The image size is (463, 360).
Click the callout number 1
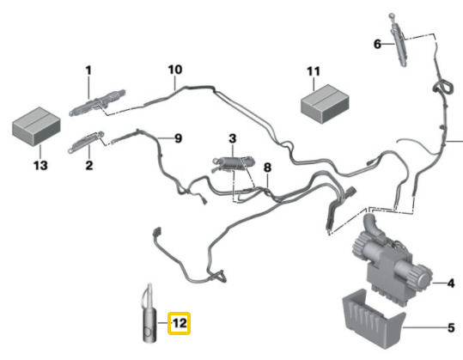coord(88,70)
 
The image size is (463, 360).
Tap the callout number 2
coord(88,165)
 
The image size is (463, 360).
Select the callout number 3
coord(233,138)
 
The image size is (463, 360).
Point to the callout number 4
coord(451,284)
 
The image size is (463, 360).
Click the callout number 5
coord(451,328)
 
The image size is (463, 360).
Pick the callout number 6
coord(377,45)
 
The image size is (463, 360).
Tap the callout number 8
coord(267,168)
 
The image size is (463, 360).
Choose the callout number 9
coord(178,138)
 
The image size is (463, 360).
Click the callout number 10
coord(175,70)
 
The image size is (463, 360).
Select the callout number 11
coord(314,71)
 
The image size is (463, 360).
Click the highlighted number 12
coord(180,323)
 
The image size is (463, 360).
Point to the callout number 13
coord(40,165)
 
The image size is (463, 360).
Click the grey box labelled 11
coord(325,104)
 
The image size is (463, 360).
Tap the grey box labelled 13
coord(36,126)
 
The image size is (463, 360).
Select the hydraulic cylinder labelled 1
coord(97,102)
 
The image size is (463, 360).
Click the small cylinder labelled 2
coord(86,142)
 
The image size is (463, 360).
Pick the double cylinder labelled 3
coord(234,164)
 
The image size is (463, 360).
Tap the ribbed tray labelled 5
coord(374,319)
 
